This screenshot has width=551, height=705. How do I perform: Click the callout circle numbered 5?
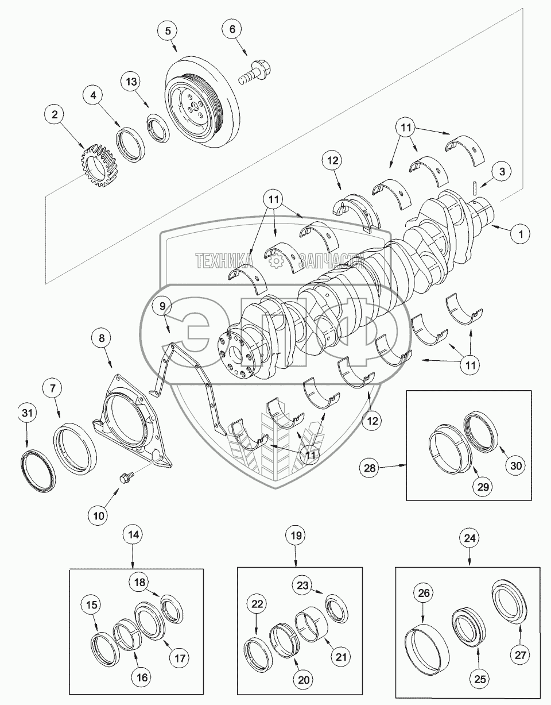168,31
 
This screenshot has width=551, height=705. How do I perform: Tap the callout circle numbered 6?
232,29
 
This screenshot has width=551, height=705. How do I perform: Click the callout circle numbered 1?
521,234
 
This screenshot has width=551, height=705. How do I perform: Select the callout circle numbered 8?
102,338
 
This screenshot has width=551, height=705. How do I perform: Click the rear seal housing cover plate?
132,421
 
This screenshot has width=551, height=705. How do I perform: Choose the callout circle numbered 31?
27,413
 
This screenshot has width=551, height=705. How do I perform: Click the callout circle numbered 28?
370,468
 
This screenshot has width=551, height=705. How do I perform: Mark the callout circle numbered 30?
516,465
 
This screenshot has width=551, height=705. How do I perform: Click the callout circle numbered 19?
296,536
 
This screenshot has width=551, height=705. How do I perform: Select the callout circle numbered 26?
424,593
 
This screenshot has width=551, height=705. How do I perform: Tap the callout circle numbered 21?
341,657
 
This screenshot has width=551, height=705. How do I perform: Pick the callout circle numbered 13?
131,82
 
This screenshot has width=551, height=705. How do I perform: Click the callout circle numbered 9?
162,306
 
